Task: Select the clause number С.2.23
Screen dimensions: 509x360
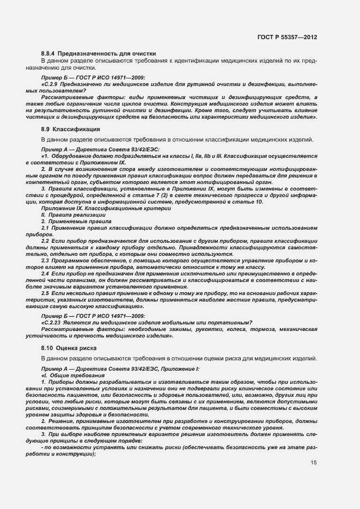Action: pos(53,323)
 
